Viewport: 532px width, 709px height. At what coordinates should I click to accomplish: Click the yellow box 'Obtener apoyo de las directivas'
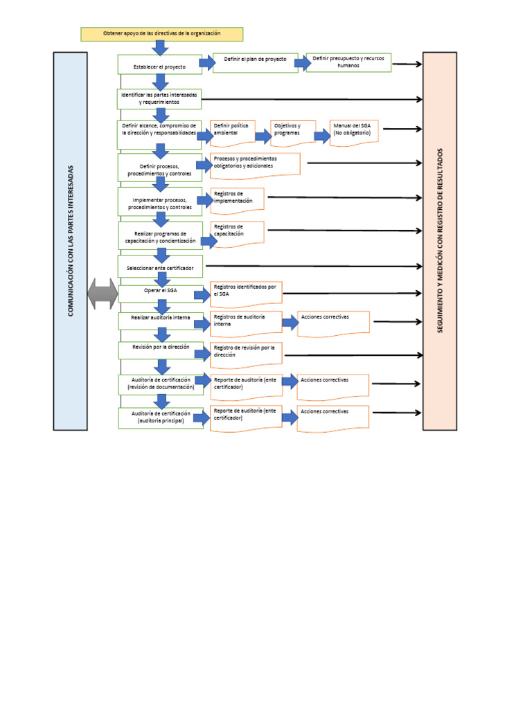[x=161, y=34]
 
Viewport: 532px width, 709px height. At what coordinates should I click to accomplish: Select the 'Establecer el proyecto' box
[x=159, y=65]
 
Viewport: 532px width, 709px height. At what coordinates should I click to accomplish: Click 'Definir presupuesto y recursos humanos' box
[x=348, y=62]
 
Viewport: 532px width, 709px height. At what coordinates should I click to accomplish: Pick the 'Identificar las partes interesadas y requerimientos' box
[x=159, y=98]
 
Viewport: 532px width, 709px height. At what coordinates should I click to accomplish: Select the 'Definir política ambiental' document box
[x=232, y=132]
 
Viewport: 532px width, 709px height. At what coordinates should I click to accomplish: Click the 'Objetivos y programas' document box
[x=292, y=132]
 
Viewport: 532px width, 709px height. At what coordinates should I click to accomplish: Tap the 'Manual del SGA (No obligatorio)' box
[x=353, y=132]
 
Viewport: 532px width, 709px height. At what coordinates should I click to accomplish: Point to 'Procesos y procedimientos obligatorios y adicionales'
[x=254, y=165]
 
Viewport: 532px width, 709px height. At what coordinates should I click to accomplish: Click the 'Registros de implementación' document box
[x=237, y=199]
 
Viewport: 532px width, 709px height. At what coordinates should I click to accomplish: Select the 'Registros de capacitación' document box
[x=237, y=233]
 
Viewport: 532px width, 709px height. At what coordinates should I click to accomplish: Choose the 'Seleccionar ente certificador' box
[x=160, y=266]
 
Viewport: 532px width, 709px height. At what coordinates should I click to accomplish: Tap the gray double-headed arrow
[x=103, y=294]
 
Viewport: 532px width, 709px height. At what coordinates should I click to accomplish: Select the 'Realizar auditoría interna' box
[x=161, y=319]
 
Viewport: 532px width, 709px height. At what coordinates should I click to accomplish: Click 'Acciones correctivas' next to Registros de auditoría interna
[x=333, y=323]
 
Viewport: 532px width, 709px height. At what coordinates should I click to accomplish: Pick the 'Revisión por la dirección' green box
[x=161, y=349]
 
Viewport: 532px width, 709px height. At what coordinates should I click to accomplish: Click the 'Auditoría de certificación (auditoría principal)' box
[x=161, y=417]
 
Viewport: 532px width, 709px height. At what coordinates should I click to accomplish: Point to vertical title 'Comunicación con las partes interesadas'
[x=70, y=240]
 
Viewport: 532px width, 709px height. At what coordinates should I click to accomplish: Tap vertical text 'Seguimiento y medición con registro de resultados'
[x=439, y=240]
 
